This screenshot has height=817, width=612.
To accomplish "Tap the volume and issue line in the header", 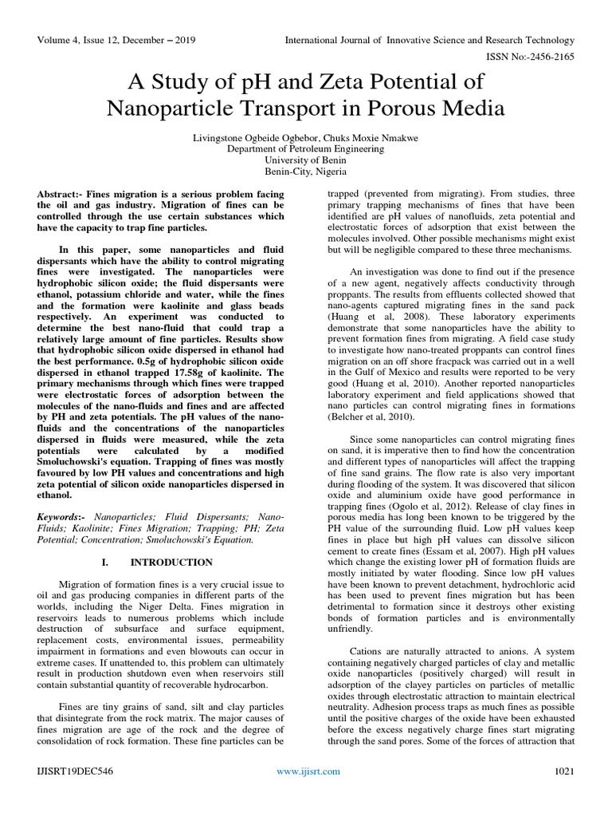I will coord(113,40).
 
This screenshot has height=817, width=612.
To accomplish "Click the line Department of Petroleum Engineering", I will coord(305,148).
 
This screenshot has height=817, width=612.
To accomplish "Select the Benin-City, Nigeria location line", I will coord(305,171).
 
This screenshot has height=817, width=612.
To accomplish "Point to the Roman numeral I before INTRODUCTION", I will coord(104,562).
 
